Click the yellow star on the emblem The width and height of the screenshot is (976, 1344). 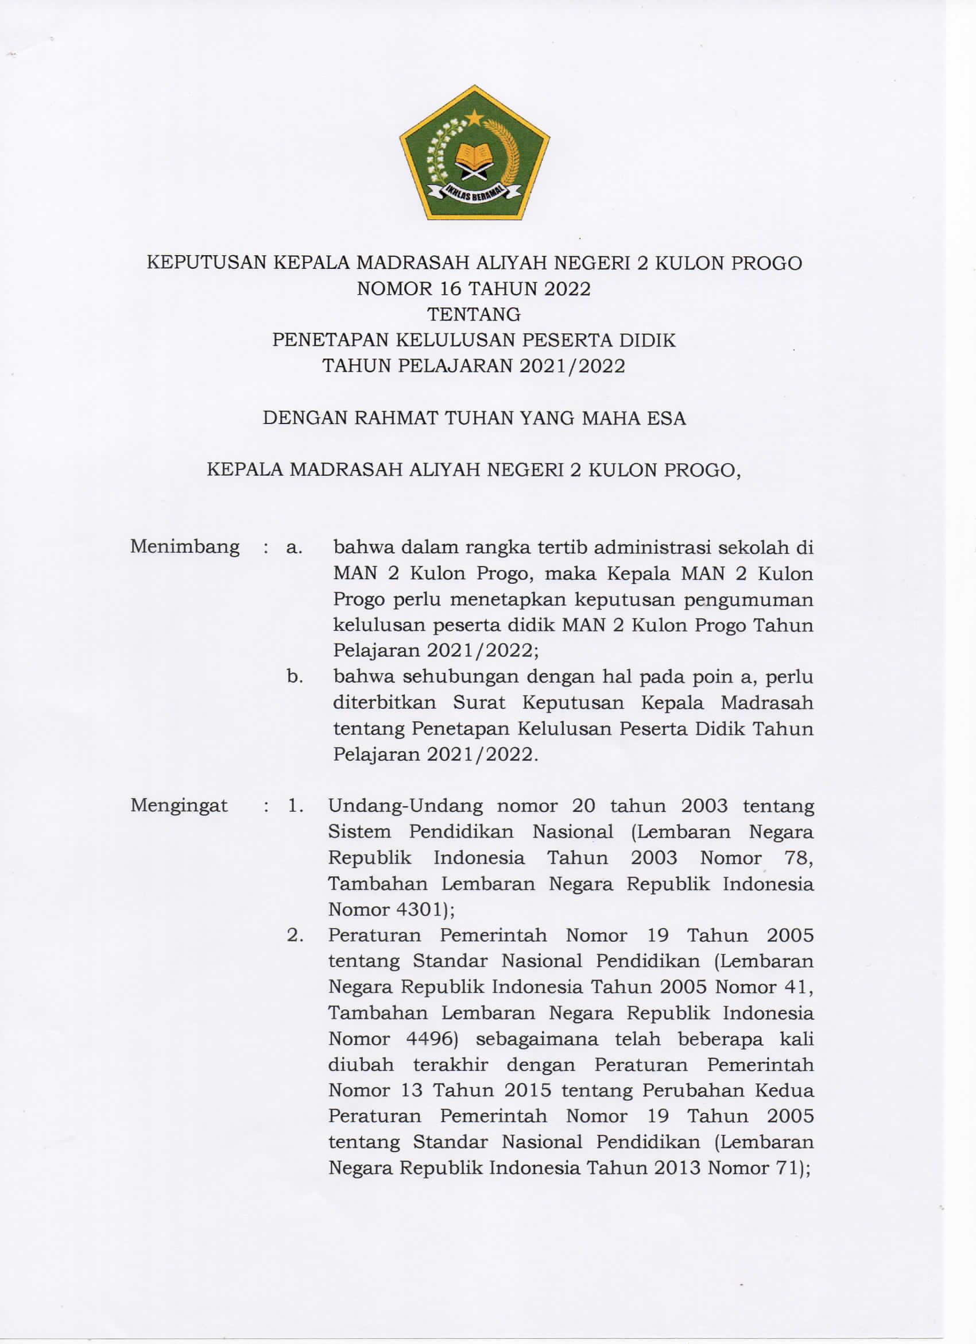tap(474, 118)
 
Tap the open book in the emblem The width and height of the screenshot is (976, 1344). tap(474, 156)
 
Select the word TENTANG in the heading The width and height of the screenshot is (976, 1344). tap(474, 314)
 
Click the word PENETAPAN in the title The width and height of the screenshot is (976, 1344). tap(331, 340)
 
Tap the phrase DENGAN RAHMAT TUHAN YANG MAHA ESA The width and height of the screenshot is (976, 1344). tap(474, 418)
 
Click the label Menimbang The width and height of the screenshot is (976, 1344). tap(185, 546)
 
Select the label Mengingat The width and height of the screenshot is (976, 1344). tap(179, 806)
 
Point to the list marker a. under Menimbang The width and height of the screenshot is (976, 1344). tap(295, 547)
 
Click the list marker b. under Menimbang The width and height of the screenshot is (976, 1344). tap(295, 676)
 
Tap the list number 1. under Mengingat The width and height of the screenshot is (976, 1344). tap(296, 806)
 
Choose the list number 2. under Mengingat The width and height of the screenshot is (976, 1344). tap(296, 935)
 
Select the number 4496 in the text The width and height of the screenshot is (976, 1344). tap(434, 1039)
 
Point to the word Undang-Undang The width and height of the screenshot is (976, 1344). tap(405, 806)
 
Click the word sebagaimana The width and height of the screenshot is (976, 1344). tap(537, 1039)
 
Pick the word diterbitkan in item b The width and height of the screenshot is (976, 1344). tap(384, 703)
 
